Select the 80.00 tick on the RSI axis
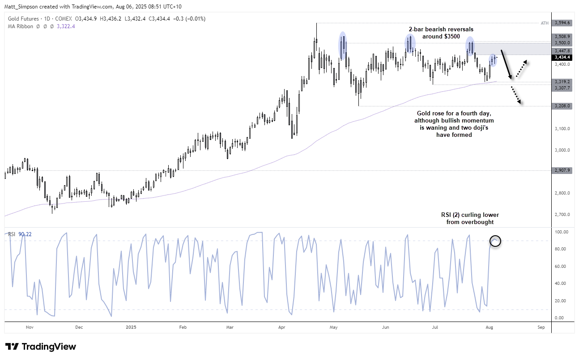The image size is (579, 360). click(562, 249)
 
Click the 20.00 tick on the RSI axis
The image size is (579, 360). click(562, 301)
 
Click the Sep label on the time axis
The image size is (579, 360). click(541, 327)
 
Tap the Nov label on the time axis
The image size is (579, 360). click(30, 327)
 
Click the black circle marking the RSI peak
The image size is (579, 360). click(495, 241)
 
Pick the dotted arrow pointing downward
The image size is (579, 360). click(516, 95)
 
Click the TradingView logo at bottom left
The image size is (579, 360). click(41, 347)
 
